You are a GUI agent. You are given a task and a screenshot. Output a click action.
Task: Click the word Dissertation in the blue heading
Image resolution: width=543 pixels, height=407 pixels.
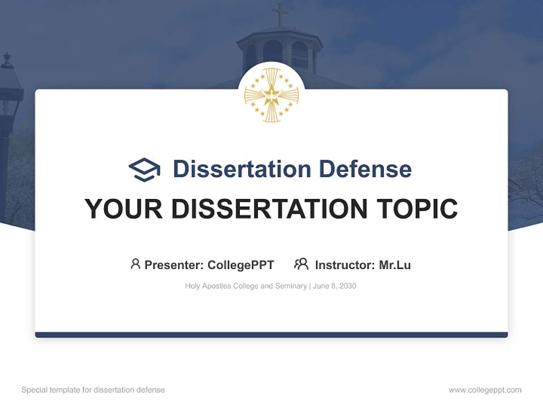tap(242, 169)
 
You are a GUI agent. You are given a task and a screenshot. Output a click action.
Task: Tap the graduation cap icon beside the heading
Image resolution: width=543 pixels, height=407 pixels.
tap(144, 170)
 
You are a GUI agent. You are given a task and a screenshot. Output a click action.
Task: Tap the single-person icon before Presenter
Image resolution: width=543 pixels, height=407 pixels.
tap(135, 264)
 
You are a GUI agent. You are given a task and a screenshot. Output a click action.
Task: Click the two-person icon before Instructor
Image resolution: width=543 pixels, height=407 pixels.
tap(301, 264)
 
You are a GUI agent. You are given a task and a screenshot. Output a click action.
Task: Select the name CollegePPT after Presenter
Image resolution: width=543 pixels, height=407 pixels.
tap(241, 265)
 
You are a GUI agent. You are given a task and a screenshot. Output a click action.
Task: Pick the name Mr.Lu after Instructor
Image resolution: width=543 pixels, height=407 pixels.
tap(395, 265)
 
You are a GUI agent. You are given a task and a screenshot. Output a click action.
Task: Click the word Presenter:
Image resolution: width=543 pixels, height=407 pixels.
tap(174, 265)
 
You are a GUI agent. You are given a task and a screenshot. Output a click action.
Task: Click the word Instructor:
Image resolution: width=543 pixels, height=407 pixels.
tap(344, 265)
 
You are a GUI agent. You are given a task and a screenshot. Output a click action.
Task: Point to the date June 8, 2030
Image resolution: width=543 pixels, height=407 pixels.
tap(334, 286)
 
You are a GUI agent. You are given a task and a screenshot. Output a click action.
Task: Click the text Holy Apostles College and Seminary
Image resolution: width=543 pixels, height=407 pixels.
tap(245, 286)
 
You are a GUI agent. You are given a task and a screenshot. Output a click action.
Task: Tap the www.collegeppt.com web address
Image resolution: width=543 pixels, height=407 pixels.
tap(485, 390)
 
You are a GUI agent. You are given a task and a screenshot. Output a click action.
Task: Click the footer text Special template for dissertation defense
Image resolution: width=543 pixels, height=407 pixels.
tap(93, 390)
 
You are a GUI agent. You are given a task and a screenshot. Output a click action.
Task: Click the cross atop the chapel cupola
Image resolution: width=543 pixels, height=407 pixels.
tap(279, 14)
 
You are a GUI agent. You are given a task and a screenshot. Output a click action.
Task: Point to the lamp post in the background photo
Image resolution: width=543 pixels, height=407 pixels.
tap(7, 102)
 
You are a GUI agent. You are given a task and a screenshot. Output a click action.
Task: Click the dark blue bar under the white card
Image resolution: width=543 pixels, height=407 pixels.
tap(271, 335)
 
